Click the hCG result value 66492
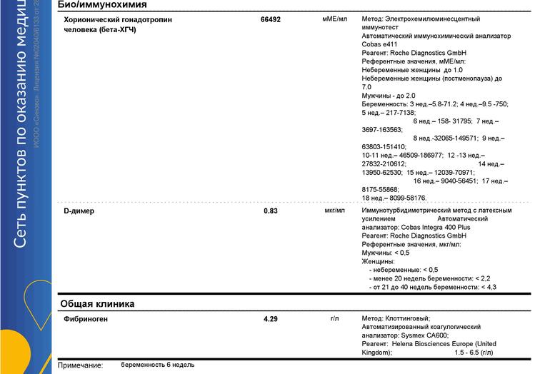[271, 20]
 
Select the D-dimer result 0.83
[271, 211]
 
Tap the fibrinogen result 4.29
[271, 319]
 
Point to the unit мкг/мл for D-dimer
[334, 211]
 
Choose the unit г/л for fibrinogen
[334, 318]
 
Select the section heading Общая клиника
[96, 303]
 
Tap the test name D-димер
[79, 211]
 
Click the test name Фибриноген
[86, 319]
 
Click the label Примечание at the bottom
[81, 365]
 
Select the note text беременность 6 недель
[157, 365]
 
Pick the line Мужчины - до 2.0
[389, 96]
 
